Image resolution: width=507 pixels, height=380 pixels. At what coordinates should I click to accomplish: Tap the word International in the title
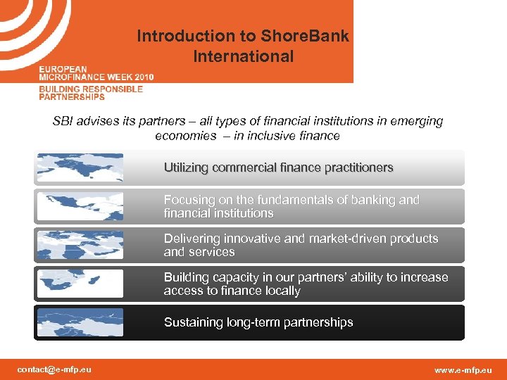[243, 56]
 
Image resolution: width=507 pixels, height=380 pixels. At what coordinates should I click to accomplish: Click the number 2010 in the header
[142, 76]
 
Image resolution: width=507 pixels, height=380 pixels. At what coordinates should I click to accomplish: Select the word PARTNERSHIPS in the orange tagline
[72, 97]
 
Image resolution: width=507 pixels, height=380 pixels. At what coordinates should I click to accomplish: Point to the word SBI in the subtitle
[63, 121]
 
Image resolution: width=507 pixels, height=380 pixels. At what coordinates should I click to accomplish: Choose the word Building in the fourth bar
[187, 277]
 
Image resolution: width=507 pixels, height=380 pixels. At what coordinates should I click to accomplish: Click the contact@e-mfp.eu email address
[54, 369]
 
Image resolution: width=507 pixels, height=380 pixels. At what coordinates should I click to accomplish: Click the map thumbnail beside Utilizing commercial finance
[79, 168]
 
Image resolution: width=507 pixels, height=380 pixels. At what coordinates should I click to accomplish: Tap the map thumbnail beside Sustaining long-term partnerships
[79, 322]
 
